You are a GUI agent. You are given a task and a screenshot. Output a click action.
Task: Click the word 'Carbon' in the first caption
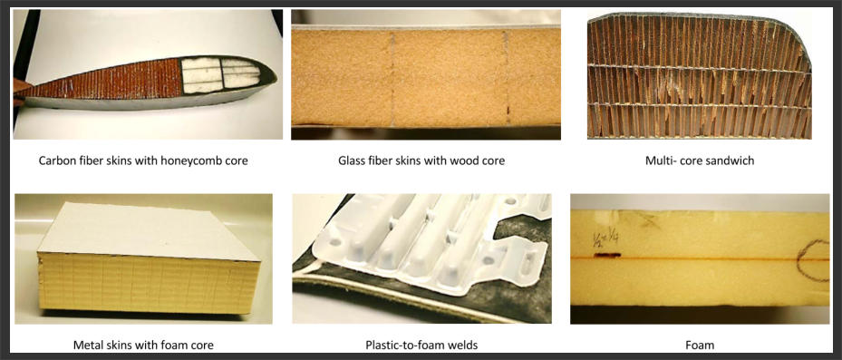coord(54,161)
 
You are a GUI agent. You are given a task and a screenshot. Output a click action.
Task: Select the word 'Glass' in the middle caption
coord(352,161)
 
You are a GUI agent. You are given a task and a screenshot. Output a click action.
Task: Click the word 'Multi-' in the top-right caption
coord(660,161)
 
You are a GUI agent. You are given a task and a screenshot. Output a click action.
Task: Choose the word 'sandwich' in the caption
coord(733,161)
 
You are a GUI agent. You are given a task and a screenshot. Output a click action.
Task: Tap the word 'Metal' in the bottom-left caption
coord(87,345)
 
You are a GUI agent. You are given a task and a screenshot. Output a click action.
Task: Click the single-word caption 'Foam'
coord(700,345)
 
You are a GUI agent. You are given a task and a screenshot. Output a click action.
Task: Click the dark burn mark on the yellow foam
coord(606,255)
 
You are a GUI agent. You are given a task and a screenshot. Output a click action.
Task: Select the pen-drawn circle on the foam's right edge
coord(812,260)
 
